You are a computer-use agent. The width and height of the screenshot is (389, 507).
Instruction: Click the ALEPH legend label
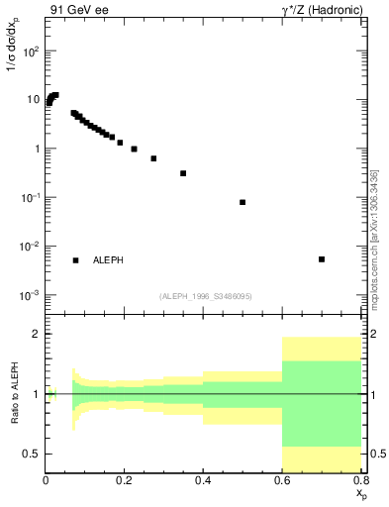coord(109,260)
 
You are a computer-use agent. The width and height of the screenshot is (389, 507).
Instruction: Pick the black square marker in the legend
coord(75,260)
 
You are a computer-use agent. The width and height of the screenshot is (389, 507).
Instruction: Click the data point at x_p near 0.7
coord(322,259)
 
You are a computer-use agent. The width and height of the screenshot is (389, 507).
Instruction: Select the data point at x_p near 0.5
coord(243,202)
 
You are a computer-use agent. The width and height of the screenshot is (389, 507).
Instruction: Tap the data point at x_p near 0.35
coord(183,173)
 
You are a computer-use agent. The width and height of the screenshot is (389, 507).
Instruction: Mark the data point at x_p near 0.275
coord(153,158)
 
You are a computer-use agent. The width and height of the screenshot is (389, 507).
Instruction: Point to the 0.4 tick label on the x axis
coord(203,479)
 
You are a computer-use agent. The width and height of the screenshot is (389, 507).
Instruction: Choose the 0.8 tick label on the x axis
coord(359,479)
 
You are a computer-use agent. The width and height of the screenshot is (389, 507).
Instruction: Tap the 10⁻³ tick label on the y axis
coord(31,295)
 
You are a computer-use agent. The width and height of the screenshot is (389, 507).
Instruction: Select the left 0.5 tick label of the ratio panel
coord(32,454)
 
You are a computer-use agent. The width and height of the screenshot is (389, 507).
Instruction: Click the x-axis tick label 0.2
coord(125,479)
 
